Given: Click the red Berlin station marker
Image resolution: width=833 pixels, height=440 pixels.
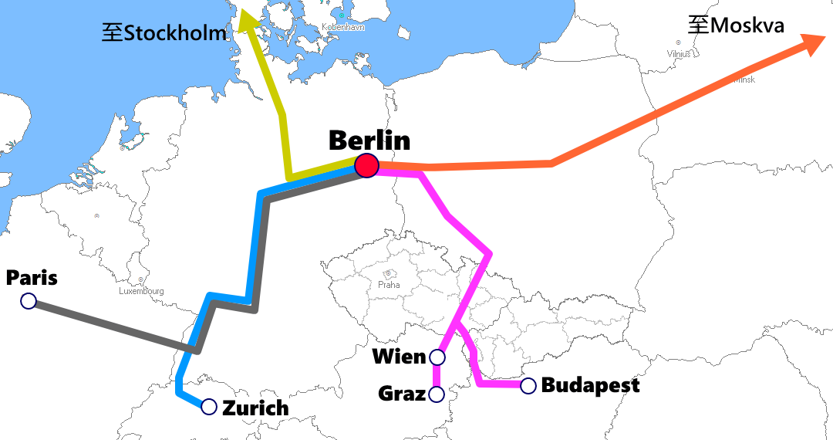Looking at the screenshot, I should click(x=366, y=165).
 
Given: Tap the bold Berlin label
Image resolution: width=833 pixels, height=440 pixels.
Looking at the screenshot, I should click(x=369, y=140).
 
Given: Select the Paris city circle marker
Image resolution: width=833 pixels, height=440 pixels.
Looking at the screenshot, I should click(x=29, y=301).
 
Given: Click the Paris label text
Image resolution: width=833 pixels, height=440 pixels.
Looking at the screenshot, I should click(x=32, y=278).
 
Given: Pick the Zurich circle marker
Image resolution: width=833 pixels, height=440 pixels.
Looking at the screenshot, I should click(x=209, y=407).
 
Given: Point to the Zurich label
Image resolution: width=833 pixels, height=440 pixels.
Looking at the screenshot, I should click(x=255, y=408).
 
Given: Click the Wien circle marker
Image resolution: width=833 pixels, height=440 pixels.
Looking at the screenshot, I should click(x=437, y=357).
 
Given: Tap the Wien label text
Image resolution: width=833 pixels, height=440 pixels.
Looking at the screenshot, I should click(x=399, y=357).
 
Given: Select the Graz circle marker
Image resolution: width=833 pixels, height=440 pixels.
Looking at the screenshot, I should click(x=437, y=394).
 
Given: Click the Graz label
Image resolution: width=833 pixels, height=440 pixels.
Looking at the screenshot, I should click(x=402, y=394).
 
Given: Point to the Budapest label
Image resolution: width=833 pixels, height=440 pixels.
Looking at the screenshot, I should click(x=590, y=385).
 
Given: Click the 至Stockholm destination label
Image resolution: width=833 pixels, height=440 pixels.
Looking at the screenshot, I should click(x=164, y=32).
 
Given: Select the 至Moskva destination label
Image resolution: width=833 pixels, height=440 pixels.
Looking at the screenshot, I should click(x=736, y=25).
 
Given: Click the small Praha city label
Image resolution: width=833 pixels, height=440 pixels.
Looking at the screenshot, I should click(x=389, y=285).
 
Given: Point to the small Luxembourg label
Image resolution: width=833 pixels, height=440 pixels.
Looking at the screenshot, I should click(x=141, y=291).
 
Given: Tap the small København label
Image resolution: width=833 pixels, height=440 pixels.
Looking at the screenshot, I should click(x=342, y=27).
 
